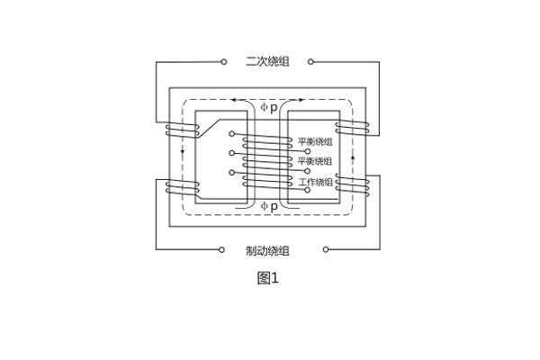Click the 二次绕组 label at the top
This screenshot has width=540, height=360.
click(267, 63)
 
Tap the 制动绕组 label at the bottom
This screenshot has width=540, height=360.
click(267, 249)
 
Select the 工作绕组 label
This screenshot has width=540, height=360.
click(316, 182)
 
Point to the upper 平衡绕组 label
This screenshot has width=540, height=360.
click(316, 141)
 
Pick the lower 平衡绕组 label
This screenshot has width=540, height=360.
click(316, 161)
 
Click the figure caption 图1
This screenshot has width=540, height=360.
click(267, 277)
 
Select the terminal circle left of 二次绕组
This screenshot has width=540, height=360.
click(224, 63)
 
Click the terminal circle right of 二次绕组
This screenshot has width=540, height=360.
click(310, 63)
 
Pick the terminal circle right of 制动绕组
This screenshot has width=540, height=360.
click(325, 249)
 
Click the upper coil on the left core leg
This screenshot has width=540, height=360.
click(182, 130)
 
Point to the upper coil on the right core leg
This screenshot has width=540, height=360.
click(352, 130)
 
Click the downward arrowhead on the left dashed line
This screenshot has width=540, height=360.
click(183, 151)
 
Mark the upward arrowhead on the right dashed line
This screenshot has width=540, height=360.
click(352, 158)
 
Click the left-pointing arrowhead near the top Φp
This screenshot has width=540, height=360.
click(234, 99)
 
